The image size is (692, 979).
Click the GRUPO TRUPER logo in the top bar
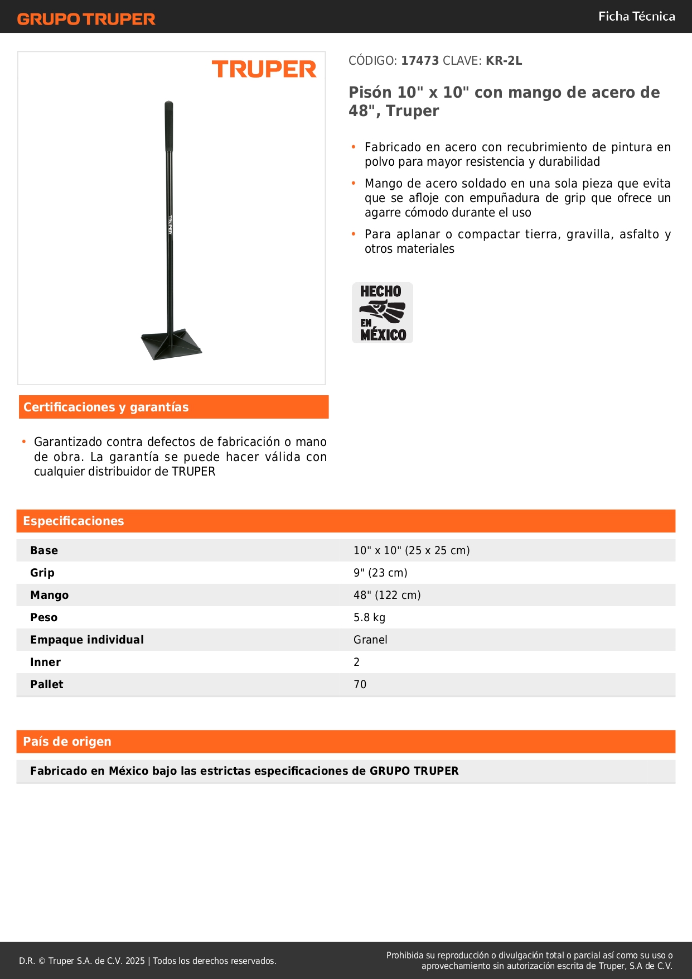86,19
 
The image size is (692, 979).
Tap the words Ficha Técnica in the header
636,16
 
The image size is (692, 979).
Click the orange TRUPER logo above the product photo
264,69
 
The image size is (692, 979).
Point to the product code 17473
420,61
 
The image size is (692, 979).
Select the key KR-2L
504,61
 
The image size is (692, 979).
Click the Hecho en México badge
383,313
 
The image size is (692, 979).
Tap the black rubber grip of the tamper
168,126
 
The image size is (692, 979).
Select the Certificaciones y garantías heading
106,407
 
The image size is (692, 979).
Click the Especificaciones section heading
74,521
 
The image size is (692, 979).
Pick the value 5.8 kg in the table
369,617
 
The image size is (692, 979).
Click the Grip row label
42,573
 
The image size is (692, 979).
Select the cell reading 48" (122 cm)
387,595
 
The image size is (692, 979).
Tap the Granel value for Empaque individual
370,640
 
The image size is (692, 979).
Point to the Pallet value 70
360,684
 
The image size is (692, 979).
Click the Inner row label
45,662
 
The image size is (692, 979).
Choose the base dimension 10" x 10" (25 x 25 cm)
412,550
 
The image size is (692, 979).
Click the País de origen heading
67,742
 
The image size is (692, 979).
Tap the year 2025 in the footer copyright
135,961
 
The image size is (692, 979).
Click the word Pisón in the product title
371,93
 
